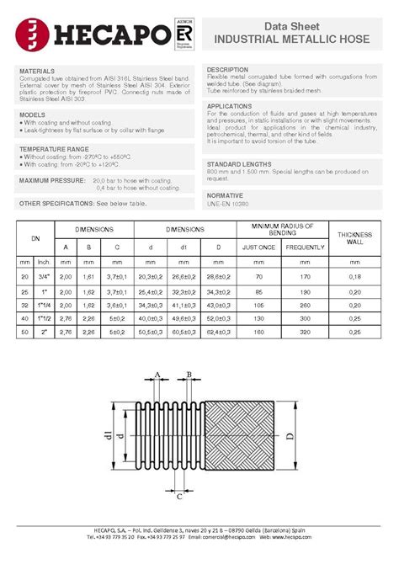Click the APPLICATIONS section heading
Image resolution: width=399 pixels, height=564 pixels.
(235, 106)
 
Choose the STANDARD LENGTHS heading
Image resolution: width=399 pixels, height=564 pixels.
(244, 164)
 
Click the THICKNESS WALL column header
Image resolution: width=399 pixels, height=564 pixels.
(348, 237)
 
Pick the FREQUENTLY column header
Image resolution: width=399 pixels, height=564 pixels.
(305, 247)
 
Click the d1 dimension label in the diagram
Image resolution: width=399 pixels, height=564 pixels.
(107, 434)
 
